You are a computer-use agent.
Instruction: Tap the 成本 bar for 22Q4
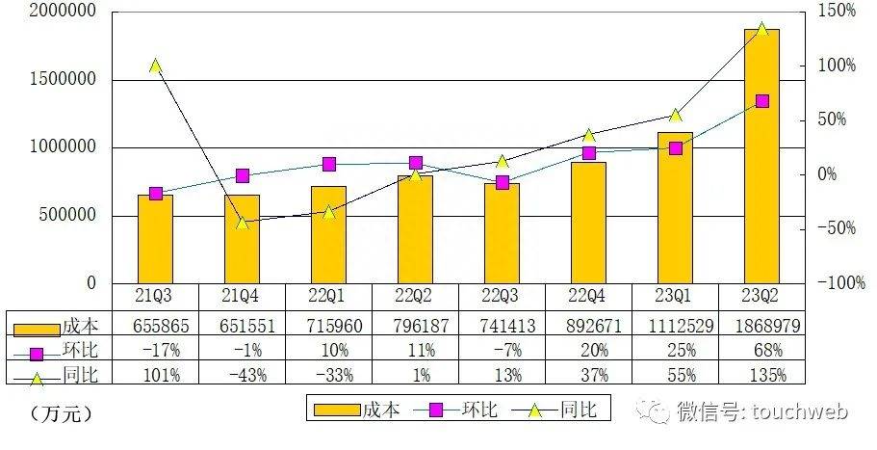[x=588, y=223]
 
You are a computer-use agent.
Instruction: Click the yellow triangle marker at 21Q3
[x=155, y=66]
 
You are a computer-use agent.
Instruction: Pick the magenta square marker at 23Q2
[x=761, y=101]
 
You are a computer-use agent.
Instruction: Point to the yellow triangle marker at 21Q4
[x=242, y=222]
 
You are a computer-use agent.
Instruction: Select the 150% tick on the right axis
[x=837, y=12]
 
